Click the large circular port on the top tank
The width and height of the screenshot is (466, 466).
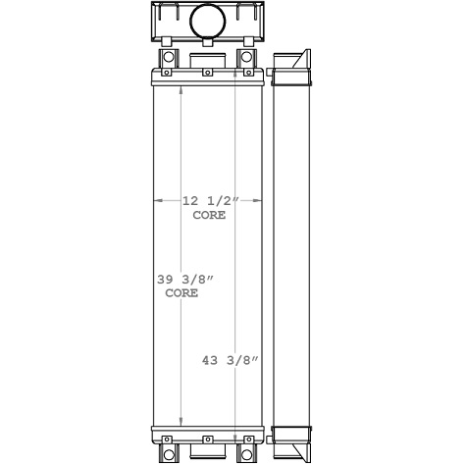pyautogui.click(x=207, y=20)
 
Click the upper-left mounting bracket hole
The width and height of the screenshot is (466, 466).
pyautogui.click(x=168, y=58)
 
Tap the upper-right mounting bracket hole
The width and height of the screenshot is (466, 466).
pyautogui.click(x=246, y=58)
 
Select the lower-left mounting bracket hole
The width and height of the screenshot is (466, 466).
pyautogui.click(x=168, y=454)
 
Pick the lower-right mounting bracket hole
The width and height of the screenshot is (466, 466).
pyautogui.click(x=246, y=454)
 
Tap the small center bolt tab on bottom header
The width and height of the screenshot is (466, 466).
pyautogui.click(x=207, y=438)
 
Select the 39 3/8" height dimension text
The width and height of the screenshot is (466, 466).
pyautogui.click(x=185, y=280)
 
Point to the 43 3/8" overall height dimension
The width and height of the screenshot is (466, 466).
pyautogui.click(x=229, y=360)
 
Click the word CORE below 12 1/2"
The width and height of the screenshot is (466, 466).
pyautogui.click(x=209, y=214)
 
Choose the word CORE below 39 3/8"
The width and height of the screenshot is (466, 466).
pyautogui.click(x=181, y=293)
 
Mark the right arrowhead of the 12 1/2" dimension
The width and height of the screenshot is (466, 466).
pyautogui.click(x=262, y=200)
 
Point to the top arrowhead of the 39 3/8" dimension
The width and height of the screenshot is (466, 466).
pyautogui.click(x=181, y=89)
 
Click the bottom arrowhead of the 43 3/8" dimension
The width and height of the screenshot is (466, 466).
pyautogui.click(x=235, y=456)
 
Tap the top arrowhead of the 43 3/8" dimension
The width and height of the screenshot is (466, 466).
pyautogui.click(x=235, y=54)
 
